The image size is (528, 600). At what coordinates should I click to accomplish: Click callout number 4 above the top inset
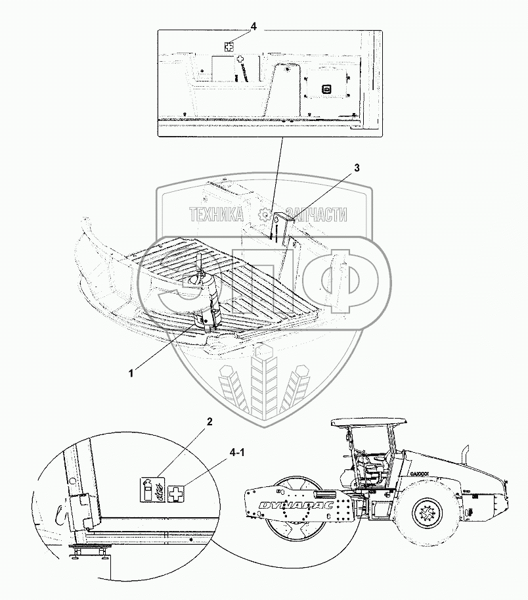[253, 26]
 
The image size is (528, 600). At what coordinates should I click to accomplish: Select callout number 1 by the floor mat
[131, 373]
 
